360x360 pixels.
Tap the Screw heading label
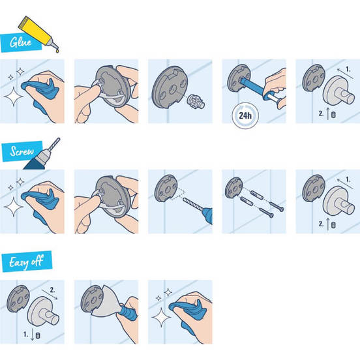tap(22, 153)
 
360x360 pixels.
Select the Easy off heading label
tap(27, 263)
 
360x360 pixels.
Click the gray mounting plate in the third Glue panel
tap(170, 89)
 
